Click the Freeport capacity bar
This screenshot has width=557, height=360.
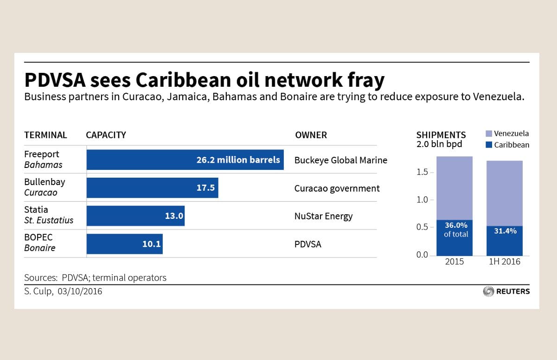(185, 160)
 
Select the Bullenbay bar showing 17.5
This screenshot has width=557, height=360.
(152, 188)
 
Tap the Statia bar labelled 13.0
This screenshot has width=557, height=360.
(135, 216)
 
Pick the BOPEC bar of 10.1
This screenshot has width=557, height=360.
(124, 244)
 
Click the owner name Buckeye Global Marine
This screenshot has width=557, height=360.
(340, 160)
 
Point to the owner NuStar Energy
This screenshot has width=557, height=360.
(323, 216)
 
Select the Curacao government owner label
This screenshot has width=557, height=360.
(337, 188)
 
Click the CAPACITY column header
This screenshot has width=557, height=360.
(106, 135)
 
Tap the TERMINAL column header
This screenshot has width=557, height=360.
(45, 135)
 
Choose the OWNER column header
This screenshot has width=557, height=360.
(311, 135)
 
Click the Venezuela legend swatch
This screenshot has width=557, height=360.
(488, 134)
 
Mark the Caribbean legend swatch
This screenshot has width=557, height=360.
(488, 145)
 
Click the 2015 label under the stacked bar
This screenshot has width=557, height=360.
(454, 262)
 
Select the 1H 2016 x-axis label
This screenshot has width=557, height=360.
(504, 262)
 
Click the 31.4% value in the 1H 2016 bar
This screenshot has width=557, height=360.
(505, 231)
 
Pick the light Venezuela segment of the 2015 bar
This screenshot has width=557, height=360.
(454, 188)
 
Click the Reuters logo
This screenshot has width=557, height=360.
(506, 291)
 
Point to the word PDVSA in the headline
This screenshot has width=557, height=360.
(55, 80)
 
